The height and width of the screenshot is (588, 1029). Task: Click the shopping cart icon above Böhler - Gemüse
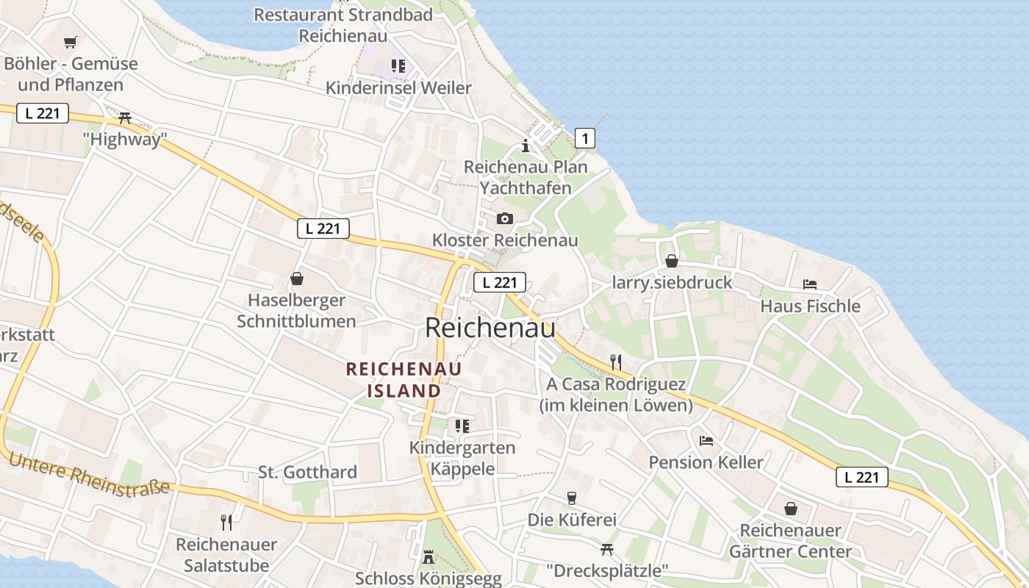[x=70, y=43]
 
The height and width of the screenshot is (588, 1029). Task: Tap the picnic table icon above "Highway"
[x=124, y=118]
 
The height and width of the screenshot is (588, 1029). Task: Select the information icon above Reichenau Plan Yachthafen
[x=525, y=146]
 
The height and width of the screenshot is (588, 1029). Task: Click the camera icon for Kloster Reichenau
[x=504, y=218]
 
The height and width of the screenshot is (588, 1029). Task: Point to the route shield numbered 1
[x=584, y=137]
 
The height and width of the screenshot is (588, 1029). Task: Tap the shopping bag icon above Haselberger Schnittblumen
[x=297, y=279]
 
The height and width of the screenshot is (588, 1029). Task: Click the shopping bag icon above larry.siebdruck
[x=671, y=261]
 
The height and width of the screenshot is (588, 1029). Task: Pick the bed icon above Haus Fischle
[x=810, y=284]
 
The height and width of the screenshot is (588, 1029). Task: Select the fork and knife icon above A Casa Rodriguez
[x=616, y=362]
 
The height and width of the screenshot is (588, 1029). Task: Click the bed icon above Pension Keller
[x=706, y=441]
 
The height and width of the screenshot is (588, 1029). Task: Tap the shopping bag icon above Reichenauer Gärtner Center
[x=791, y=508]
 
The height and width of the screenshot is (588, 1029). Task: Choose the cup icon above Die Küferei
[x=571, y=498]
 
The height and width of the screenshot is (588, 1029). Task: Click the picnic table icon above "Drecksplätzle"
[x=607, y=548]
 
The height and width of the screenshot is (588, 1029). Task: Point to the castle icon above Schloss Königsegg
[x=429, y=557]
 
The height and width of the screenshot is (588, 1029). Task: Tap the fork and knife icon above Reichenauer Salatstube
[x=226, y=523]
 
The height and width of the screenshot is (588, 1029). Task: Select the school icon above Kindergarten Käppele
[x=462, y=426]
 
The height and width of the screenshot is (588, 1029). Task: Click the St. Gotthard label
[x=307, y=472]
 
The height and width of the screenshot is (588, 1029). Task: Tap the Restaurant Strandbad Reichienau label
[x=344, y=24]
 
